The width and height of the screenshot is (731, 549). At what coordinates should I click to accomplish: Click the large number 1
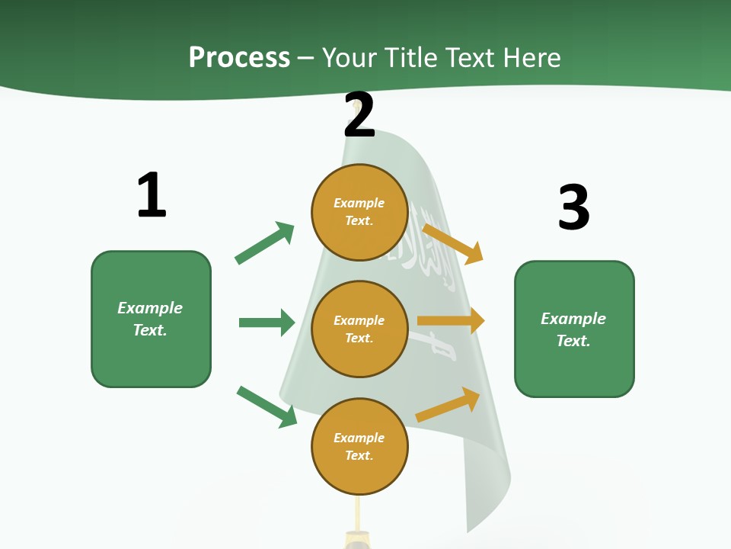(152, 195)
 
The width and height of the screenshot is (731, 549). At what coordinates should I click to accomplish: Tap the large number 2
(359, 115)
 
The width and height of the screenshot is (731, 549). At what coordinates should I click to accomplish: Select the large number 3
(573, 207)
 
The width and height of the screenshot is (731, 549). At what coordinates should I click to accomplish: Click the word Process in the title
(239, 57)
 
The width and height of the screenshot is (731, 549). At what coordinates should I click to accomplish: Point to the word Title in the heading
(411, 57)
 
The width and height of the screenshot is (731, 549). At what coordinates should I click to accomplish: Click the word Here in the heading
(532, 57)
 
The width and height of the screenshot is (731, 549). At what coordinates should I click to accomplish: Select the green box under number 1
(151, 319)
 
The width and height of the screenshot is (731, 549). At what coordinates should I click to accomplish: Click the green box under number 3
(574, 329)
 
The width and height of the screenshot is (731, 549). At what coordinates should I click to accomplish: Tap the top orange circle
(359, 212)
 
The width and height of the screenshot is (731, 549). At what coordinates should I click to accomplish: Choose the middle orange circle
(359, 329)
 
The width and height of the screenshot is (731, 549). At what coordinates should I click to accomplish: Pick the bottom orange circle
(359, 446)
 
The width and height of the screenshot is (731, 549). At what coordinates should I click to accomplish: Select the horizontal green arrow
(267, 323)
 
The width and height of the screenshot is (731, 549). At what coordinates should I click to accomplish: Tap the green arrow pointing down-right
(267, 406)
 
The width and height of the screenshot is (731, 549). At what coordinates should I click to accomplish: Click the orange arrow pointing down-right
(453, 243)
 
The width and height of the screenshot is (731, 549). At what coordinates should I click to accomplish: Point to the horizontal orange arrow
(451, 321)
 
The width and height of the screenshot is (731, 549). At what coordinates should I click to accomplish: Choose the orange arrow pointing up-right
(448, 405)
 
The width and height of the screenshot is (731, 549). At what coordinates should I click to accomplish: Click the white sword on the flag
(434, 345)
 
